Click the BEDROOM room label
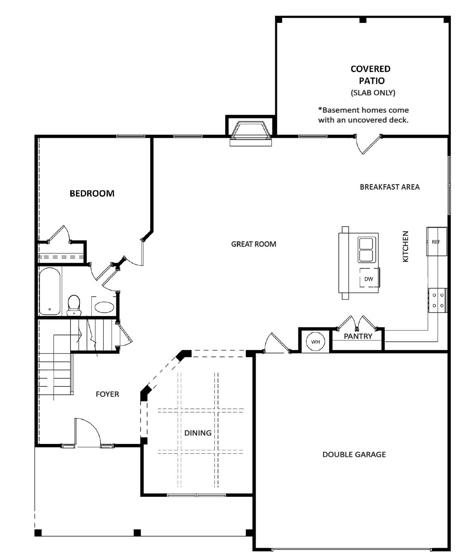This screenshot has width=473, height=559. (x=92, y=193)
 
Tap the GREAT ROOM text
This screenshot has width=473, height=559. (x=253, y=244)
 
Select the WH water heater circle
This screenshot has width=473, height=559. (x=315, y=342)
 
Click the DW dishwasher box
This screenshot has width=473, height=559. (x=369, y=278)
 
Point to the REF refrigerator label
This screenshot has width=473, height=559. (x=436, y=242)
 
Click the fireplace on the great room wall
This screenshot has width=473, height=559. (x=250, y=132)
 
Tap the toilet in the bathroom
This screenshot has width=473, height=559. (x=74, y=305)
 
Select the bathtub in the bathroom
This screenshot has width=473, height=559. (x=50, y=291)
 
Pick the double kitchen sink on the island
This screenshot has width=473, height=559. (x=366, y=250)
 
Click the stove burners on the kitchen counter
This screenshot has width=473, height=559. (x=438, y=300)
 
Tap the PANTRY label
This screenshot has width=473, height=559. (x=358, y=336)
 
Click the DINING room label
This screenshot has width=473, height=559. (x=198, y=433)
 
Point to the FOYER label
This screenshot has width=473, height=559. (x=107, y=394)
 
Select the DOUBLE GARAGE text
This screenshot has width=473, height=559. (x=354, y=455)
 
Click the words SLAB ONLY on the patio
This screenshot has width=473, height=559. (x=372, y=92)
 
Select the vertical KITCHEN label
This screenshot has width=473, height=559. (x=406, y=246)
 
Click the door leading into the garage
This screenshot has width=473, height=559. (x=277, y=342)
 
